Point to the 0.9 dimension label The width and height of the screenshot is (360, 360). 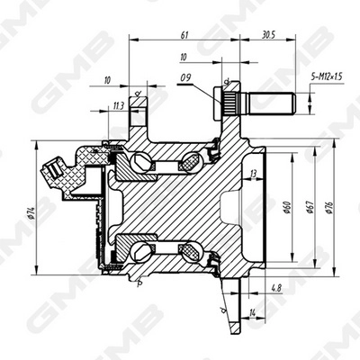[185, 76]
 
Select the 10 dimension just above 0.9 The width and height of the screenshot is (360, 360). [184, 57]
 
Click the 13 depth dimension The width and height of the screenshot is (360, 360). [255, 173]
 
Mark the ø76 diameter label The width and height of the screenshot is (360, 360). [329, 208]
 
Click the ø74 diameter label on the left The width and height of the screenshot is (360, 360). [31, 210]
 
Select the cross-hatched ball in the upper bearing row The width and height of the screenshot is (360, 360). [192, 164]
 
